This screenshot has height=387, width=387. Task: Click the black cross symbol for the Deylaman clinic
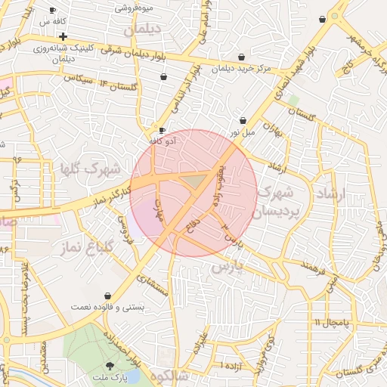pos(63,36)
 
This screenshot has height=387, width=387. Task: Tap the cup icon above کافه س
pos(52,11)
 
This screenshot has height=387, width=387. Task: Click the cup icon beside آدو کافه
pos(162,130)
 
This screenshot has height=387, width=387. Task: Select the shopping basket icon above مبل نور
pos(243,120)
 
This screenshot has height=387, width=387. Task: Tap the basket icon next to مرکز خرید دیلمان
pos(241,57)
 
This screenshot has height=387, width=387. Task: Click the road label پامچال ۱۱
pos(331,322)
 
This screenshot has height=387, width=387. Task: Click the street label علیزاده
pos(200,344)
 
